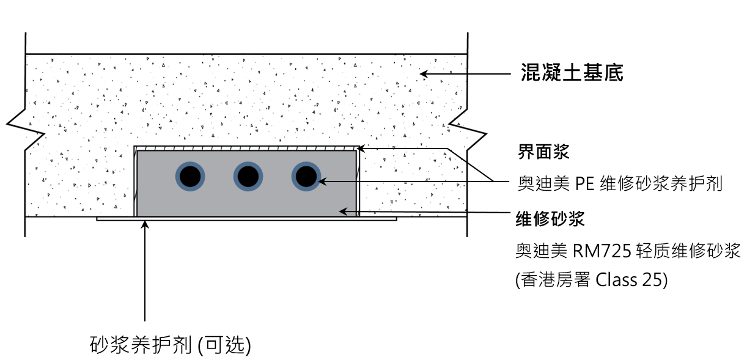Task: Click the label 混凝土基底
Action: click(x=572, y=73)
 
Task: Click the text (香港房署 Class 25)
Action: click(x=591, y=280)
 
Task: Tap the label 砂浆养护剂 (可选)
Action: click(x=170, y=344)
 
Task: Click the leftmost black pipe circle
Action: click(x=190, y=177)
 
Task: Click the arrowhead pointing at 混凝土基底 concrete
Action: click(x=422, y=74)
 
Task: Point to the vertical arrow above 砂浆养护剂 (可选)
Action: click(x=145, y=269)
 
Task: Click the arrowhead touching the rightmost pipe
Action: click(x=322, y=180)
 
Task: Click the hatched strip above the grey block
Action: click(x=245, y=149)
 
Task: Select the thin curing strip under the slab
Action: click(x=245, y=219)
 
